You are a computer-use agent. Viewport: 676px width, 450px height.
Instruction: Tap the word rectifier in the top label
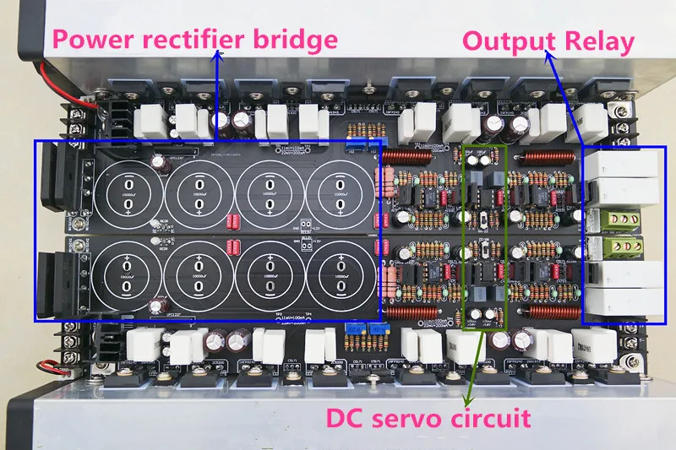tap(194, 39)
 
